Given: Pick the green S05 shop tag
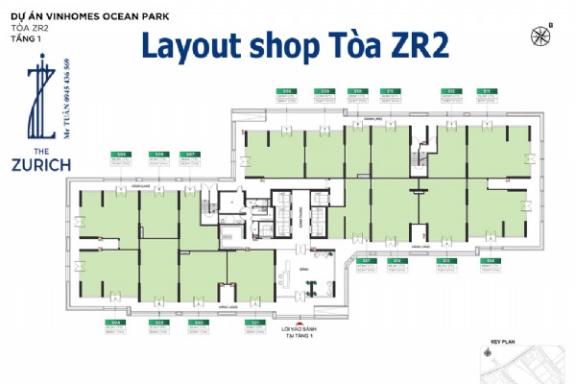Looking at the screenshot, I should point(122,154).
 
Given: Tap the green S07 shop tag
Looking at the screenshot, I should point(191,154).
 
